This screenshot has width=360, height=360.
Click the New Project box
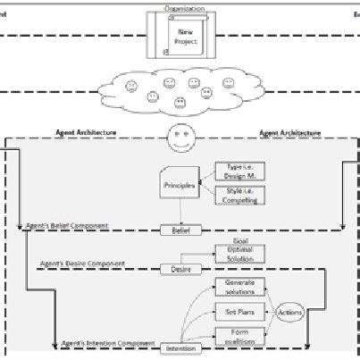[x=183, y=36]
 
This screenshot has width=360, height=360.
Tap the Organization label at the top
[x=184, y=8]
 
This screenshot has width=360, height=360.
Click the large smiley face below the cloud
[x=182, y=138]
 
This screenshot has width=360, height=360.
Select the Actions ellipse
[x=290, y=314]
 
